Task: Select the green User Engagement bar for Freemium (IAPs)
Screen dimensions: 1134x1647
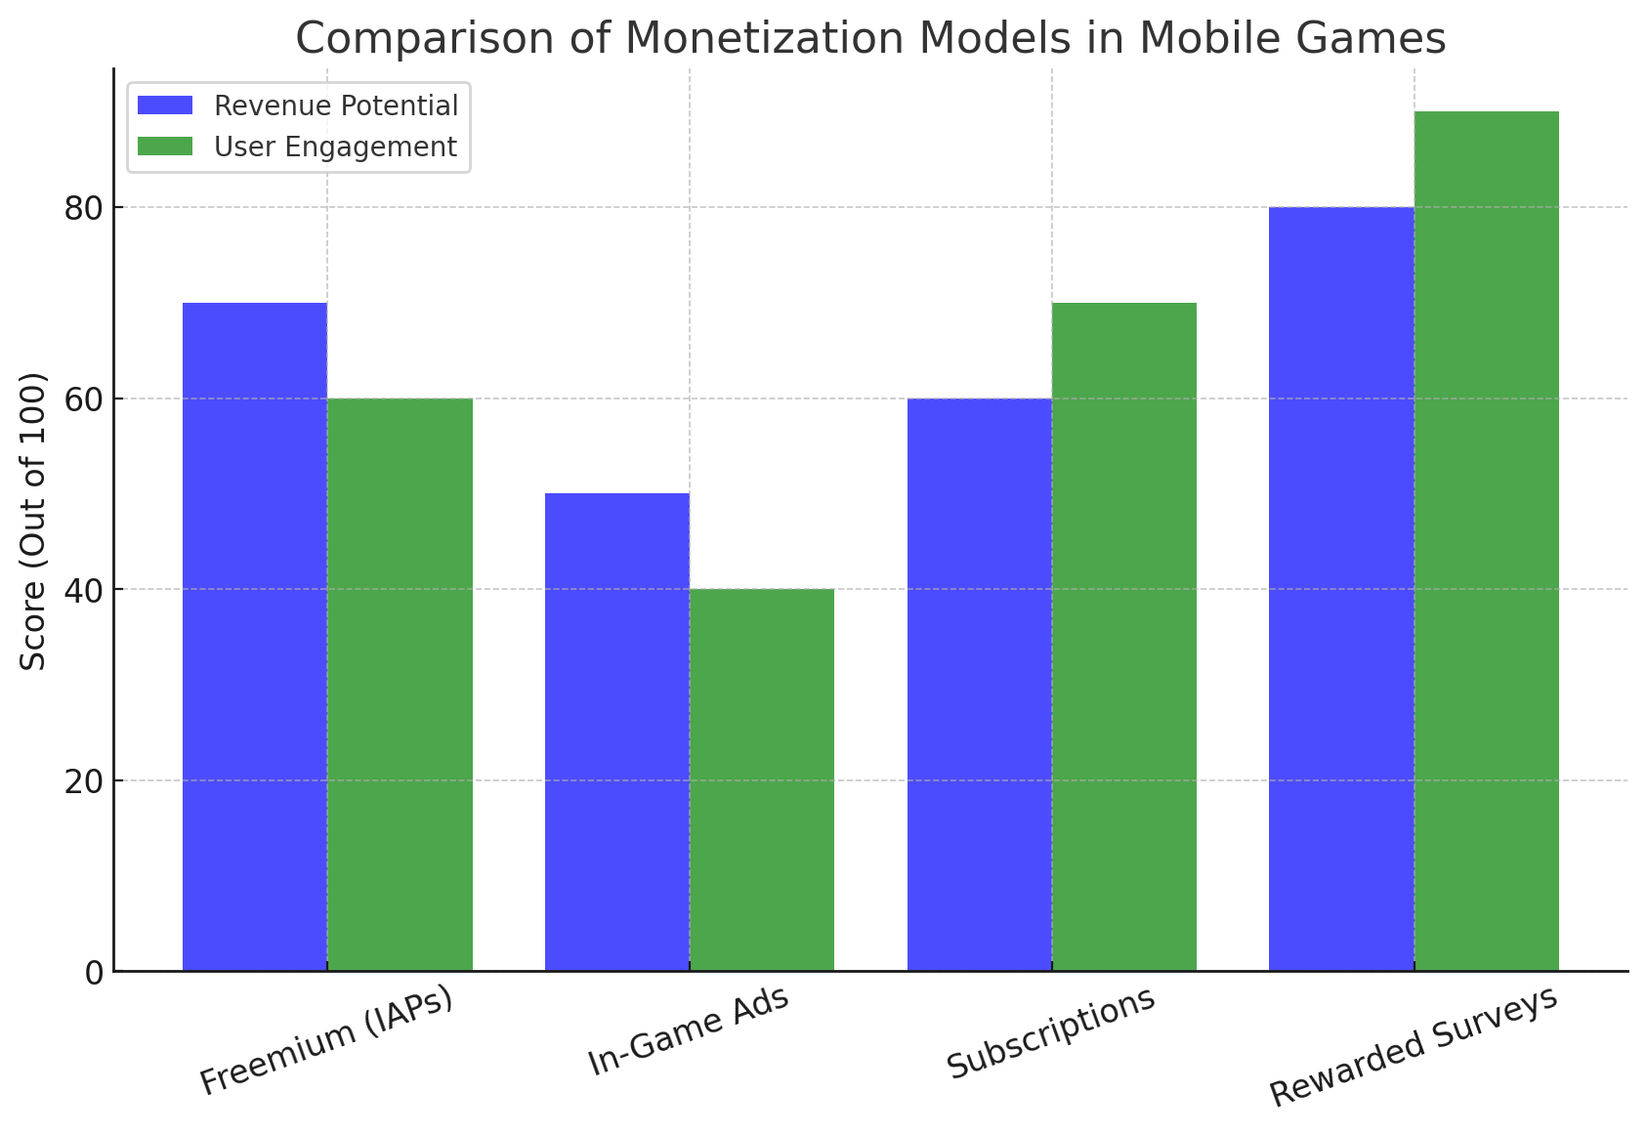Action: (400, 685)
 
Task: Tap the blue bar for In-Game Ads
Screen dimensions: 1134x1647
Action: (616, 733)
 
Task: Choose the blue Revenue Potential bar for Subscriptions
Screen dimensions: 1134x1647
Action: (979, 685)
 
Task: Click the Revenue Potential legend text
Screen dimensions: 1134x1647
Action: (336, 105)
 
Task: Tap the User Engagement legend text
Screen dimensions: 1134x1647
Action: (335, 147)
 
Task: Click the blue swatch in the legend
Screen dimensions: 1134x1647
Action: (165, 105)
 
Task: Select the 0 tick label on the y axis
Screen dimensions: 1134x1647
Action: (95, 972)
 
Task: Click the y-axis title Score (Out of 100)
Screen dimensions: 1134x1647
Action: (34, 522)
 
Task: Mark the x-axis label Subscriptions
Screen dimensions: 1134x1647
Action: (1051, 1033)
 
